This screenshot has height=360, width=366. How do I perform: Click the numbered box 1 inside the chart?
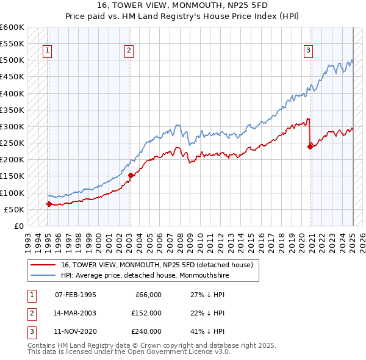(48, 51)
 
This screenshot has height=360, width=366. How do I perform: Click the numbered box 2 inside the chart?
(129, 51)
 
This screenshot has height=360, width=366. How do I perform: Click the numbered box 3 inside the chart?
(309, 51)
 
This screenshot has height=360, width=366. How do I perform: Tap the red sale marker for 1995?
(49, 204)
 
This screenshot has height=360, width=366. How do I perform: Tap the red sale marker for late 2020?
(310, 146)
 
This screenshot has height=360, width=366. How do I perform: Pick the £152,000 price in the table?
(146, 313)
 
